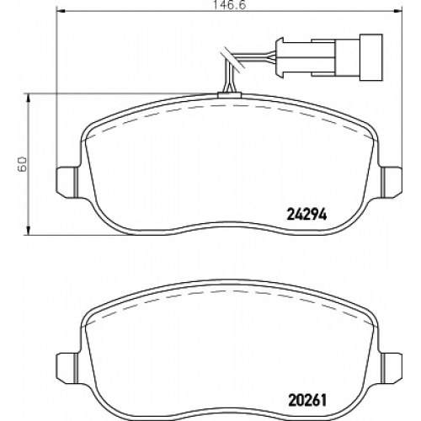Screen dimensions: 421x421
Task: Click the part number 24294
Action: click(x=306, y=215)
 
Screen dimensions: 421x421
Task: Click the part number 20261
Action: click(x=307, y=401)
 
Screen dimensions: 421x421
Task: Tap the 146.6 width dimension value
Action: click(x=230, y=5)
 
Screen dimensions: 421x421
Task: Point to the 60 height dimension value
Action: click(x=22, y=164)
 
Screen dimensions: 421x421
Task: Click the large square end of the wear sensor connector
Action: click(x=370, y=57)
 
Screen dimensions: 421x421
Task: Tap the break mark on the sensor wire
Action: click(x=232, y=60)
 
